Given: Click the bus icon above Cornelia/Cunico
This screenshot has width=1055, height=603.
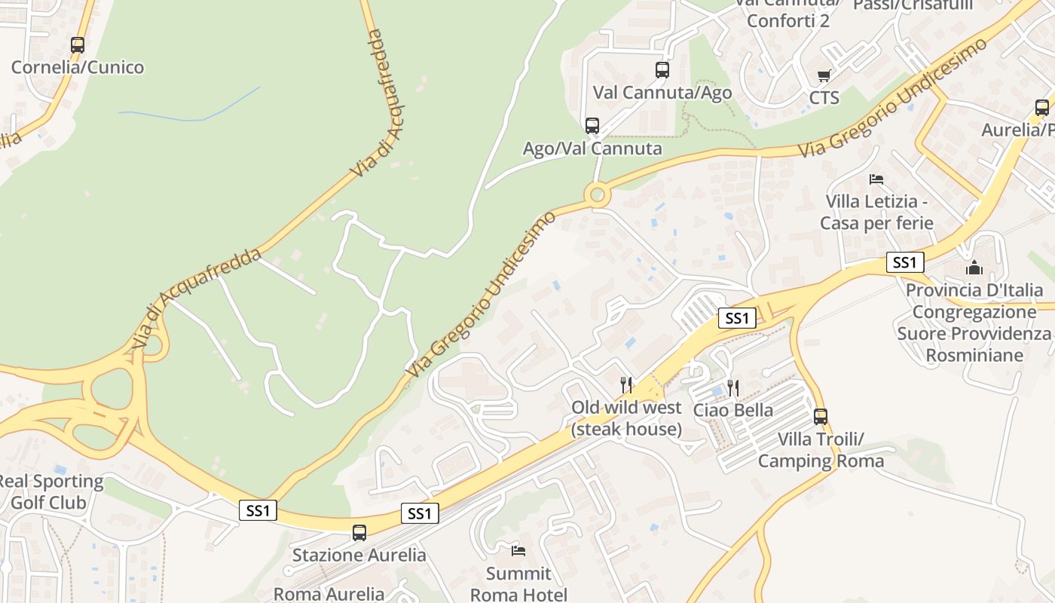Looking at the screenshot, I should point(78,45).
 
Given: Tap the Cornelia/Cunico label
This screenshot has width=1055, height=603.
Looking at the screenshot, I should point(78,67).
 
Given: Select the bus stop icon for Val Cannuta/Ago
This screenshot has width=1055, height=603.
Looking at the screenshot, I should point(662,70).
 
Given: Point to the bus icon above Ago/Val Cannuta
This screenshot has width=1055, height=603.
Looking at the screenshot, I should point(592,126).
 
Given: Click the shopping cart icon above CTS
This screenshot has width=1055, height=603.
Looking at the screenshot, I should point(824,75).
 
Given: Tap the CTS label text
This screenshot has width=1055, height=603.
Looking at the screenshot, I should point(824,98).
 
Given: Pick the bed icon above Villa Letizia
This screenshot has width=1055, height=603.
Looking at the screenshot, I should point(876,179).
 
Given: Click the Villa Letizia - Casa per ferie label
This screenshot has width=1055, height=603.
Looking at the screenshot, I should point(876,213).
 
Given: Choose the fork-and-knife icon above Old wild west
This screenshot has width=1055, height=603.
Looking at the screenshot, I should point(626,385).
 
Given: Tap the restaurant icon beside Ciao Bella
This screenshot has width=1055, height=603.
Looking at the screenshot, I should point(733,388).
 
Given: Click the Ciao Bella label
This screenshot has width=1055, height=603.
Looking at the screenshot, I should point(733,410).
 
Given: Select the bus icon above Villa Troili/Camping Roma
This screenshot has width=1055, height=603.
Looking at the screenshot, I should point(820,416).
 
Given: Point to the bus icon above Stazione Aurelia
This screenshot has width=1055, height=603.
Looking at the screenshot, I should point(359,533).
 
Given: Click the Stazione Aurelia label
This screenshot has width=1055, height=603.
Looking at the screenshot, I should point(359,556).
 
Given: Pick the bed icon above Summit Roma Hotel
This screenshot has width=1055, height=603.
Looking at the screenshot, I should point(518,550).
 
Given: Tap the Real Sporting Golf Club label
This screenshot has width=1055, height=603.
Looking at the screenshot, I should point(51,491).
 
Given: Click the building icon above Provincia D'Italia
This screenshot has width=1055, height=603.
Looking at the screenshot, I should point(974,268).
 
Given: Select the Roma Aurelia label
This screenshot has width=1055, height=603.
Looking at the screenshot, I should point(329,594).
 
